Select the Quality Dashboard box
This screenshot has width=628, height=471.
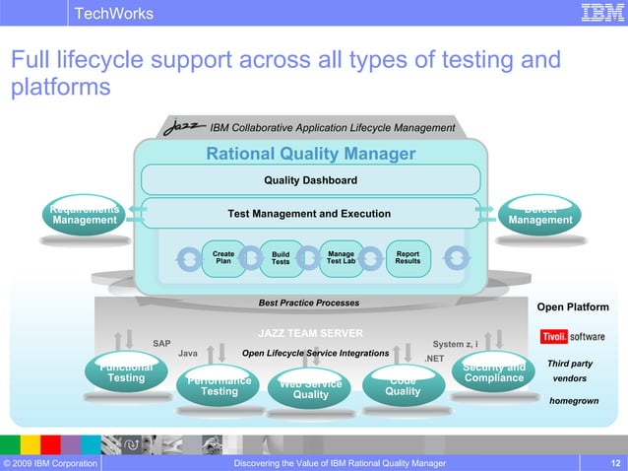pos(310,180)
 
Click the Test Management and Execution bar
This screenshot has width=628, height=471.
pos(309,214)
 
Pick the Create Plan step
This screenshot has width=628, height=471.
pos(223,257)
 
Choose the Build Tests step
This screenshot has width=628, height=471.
pos(281,258)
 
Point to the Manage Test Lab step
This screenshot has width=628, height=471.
pos(341,257)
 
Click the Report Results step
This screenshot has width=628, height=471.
pos(407,257)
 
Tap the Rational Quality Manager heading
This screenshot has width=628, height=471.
pos(310,154)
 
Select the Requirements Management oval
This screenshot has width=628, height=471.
pos(85,216)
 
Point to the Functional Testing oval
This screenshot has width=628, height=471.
pos(125,374)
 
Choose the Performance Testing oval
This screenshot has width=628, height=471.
pos(219,386)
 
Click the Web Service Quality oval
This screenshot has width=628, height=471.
pos(310,390)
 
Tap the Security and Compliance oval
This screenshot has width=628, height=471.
pos(493,374)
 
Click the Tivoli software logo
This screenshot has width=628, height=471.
pos(573,336)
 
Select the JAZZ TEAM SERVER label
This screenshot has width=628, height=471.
pos(310,333)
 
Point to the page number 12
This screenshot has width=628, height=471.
pos(615,462)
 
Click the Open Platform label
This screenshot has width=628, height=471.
pos(572,307)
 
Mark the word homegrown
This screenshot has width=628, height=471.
pos(574,401)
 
